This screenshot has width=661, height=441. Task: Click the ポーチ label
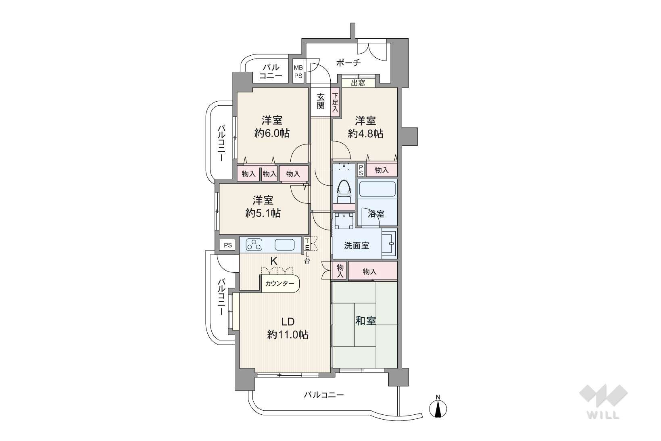pyautogui.click(x=348, y=63)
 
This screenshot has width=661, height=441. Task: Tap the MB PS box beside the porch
pyautogui.click(x=298, y=71)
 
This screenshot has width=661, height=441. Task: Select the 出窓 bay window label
pyautogui.click(x=358, y=83)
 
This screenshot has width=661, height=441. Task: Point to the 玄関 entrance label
pyautogui.click(x=321, y=101)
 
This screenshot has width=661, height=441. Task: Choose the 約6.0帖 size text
pyautogui.click(x=272, y=133)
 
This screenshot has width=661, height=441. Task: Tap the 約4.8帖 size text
pyautogui.click(x=365, y=134)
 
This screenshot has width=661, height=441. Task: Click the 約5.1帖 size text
pyautogui.click(x=263, y=213)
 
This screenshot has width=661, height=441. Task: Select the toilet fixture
pyautogui.click(x=344, y=192)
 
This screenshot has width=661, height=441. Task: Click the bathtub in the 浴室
pyautogui.click(x=377, y=189)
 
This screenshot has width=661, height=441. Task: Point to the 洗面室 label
pyautogui.click(x=357, y=246)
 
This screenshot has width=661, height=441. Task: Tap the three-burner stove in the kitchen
pyautogui.click(x=254, y=245)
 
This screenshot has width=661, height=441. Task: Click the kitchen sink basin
pyautogui.click(x=285, y=245)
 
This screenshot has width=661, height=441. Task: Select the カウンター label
pyautogui.click(x=279, y=284)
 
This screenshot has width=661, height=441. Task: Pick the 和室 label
pyautogui.click(x=365, y=321)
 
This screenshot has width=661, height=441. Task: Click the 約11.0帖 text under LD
pyautogui.click(x=288, y=335)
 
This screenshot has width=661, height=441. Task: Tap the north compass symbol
pyautogui.click(x=438, y=408)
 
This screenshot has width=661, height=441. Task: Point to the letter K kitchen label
pyautogui.click(x=274, y=261)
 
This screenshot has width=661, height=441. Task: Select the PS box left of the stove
pyautogui.click(x=227, y=245)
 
